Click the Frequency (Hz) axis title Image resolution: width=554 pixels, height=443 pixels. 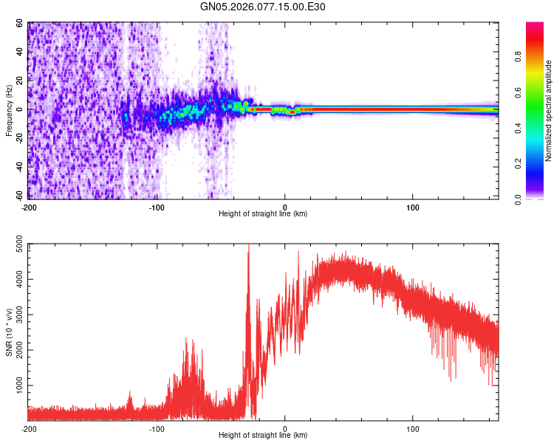(9, 110)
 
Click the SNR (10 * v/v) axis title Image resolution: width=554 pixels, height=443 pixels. (9, 332)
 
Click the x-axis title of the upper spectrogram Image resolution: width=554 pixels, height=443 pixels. (263, 213)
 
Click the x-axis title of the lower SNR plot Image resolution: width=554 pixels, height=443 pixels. (263, 435)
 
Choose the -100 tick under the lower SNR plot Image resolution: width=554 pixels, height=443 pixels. (157, 427)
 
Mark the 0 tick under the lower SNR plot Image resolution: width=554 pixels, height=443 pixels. (285, 427)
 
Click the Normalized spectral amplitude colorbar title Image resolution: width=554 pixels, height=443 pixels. (549, 111)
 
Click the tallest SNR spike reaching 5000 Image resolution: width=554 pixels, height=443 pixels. (248, 247)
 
